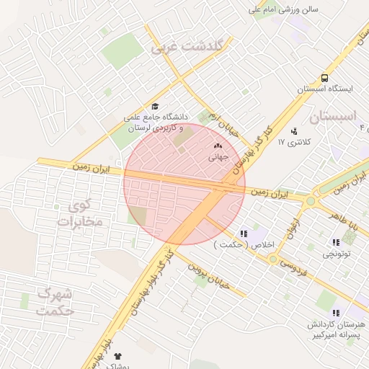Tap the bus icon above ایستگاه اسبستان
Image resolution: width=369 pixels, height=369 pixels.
click(325, 78)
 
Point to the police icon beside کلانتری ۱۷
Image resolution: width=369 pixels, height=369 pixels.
click(294, 131)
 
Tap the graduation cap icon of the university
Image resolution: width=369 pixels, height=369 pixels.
click(155, 106)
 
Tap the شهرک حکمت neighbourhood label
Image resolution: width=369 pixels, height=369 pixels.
click(55, 303)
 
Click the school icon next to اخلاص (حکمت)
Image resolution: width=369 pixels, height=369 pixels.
click(244, 234)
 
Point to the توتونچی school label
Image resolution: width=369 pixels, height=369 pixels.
click(336, 254)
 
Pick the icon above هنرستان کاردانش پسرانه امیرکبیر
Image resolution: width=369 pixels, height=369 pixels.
click(336, 313)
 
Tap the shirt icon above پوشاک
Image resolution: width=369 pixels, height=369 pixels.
click(118, 356)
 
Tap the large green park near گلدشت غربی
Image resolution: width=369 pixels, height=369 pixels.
click(123, 50)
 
